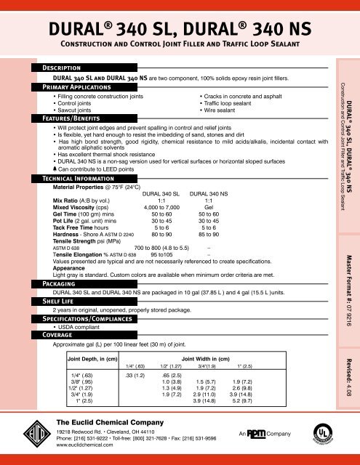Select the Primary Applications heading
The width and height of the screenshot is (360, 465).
coord(81,85)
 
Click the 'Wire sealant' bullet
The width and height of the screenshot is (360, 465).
coord(225,110)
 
